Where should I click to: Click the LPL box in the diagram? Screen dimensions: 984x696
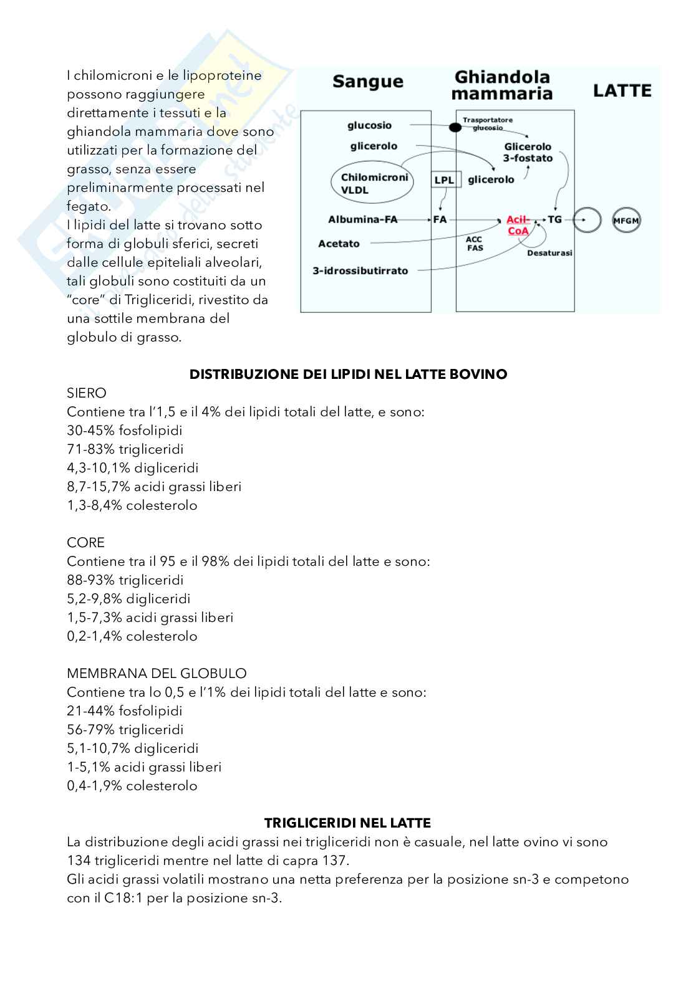point(445,180)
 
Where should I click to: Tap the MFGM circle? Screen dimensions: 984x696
point(626,220)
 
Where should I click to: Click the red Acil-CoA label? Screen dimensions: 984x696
point(518,225)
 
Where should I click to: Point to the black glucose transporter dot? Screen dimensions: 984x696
point(455,127)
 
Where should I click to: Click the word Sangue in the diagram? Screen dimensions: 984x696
point(367,82)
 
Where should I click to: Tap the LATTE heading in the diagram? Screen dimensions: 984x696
point(622,91)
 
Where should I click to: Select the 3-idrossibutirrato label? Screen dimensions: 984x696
point(360,270)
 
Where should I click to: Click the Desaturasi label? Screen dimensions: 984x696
point(549,253)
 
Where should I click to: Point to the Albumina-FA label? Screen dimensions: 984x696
point(362,219)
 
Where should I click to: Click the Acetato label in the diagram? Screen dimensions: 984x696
point(339,244)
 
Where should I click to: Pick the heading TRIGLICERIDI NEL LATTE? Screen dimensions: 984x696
point(347,823)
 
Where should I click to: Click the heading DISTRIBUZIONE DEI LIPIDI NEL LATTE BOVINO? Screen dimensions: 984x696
point(348,374)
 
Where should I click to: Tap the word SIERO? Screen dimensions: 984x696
point(87,393)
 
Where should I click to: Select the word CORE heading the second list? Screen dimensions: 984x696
point(85,542)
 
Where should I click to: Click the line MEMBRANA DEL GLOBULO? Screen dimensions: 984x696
point(157,673)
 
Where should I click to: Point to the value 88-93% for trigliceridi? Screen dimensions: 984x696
point(90,580)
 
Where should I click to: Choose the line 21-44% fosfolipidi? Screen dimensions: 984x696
point(125,710)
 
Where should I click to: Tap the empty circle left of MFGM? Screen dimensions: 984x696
point(586,220)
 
